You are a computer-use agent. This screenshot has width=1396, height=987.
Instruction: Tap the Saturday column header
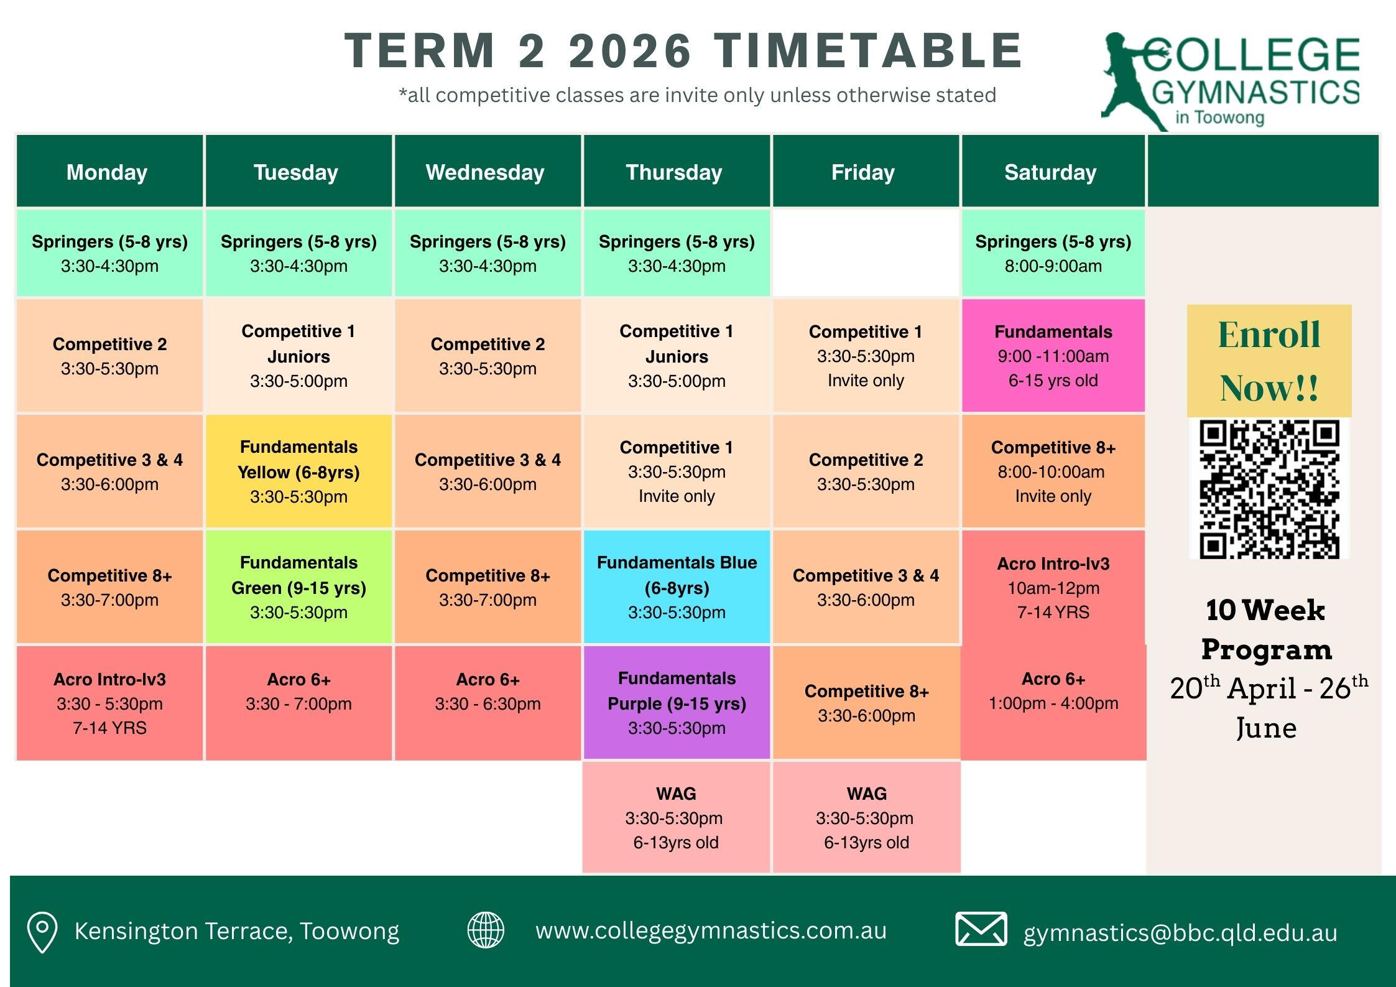point(1053,171)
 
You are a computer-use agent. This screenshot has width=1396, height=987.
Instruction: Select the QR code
point(1269,489)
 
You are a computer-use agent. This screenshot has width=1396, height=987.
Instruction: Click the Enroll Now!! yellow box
point(1269,361)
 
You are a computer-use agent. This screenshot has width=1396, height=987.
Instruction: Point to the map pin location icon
point(42,932)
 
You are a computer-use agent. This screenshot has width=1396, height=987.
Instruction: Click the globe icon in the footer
point(486,930)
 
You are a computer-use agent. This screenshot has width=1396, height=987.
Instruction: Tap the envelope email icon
point(981,929)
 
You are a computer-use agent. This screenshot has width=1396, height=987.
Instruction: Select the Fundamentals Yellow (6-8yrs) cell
point(298,471)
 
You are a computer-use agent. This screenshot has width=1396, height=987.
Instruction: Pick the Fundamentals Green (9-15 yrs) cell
point(298,586)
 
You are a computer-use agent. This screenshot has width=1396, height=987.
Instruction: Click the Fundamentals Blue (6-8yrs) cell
point(677,586)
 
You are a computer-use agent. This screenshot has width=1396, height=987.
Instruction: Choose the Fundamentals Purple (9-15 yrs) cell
point(677,702)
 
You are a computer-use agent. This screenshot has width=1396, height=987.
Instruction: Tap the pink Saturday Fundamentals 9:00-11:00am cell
point(1053,355)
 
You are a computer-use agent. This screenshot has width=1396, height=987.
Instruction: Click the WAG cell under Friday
point(866,817)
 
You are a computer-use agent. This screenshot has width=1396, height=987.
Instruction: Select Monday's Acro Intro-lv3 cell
point(109,703)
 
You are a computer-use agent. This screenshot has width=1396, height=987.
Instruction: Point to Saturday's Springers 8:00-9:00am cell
point(1053,253)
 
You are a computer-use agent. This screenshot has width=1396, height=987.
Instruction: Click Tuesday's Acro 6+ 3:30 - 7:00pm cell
point(298,703)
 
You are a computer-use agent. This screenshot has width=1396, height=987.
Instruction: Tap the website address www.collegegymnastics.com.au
point(711,930)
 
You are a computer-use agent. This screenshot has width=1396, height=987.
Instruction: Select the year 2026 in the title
point(630,50)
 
